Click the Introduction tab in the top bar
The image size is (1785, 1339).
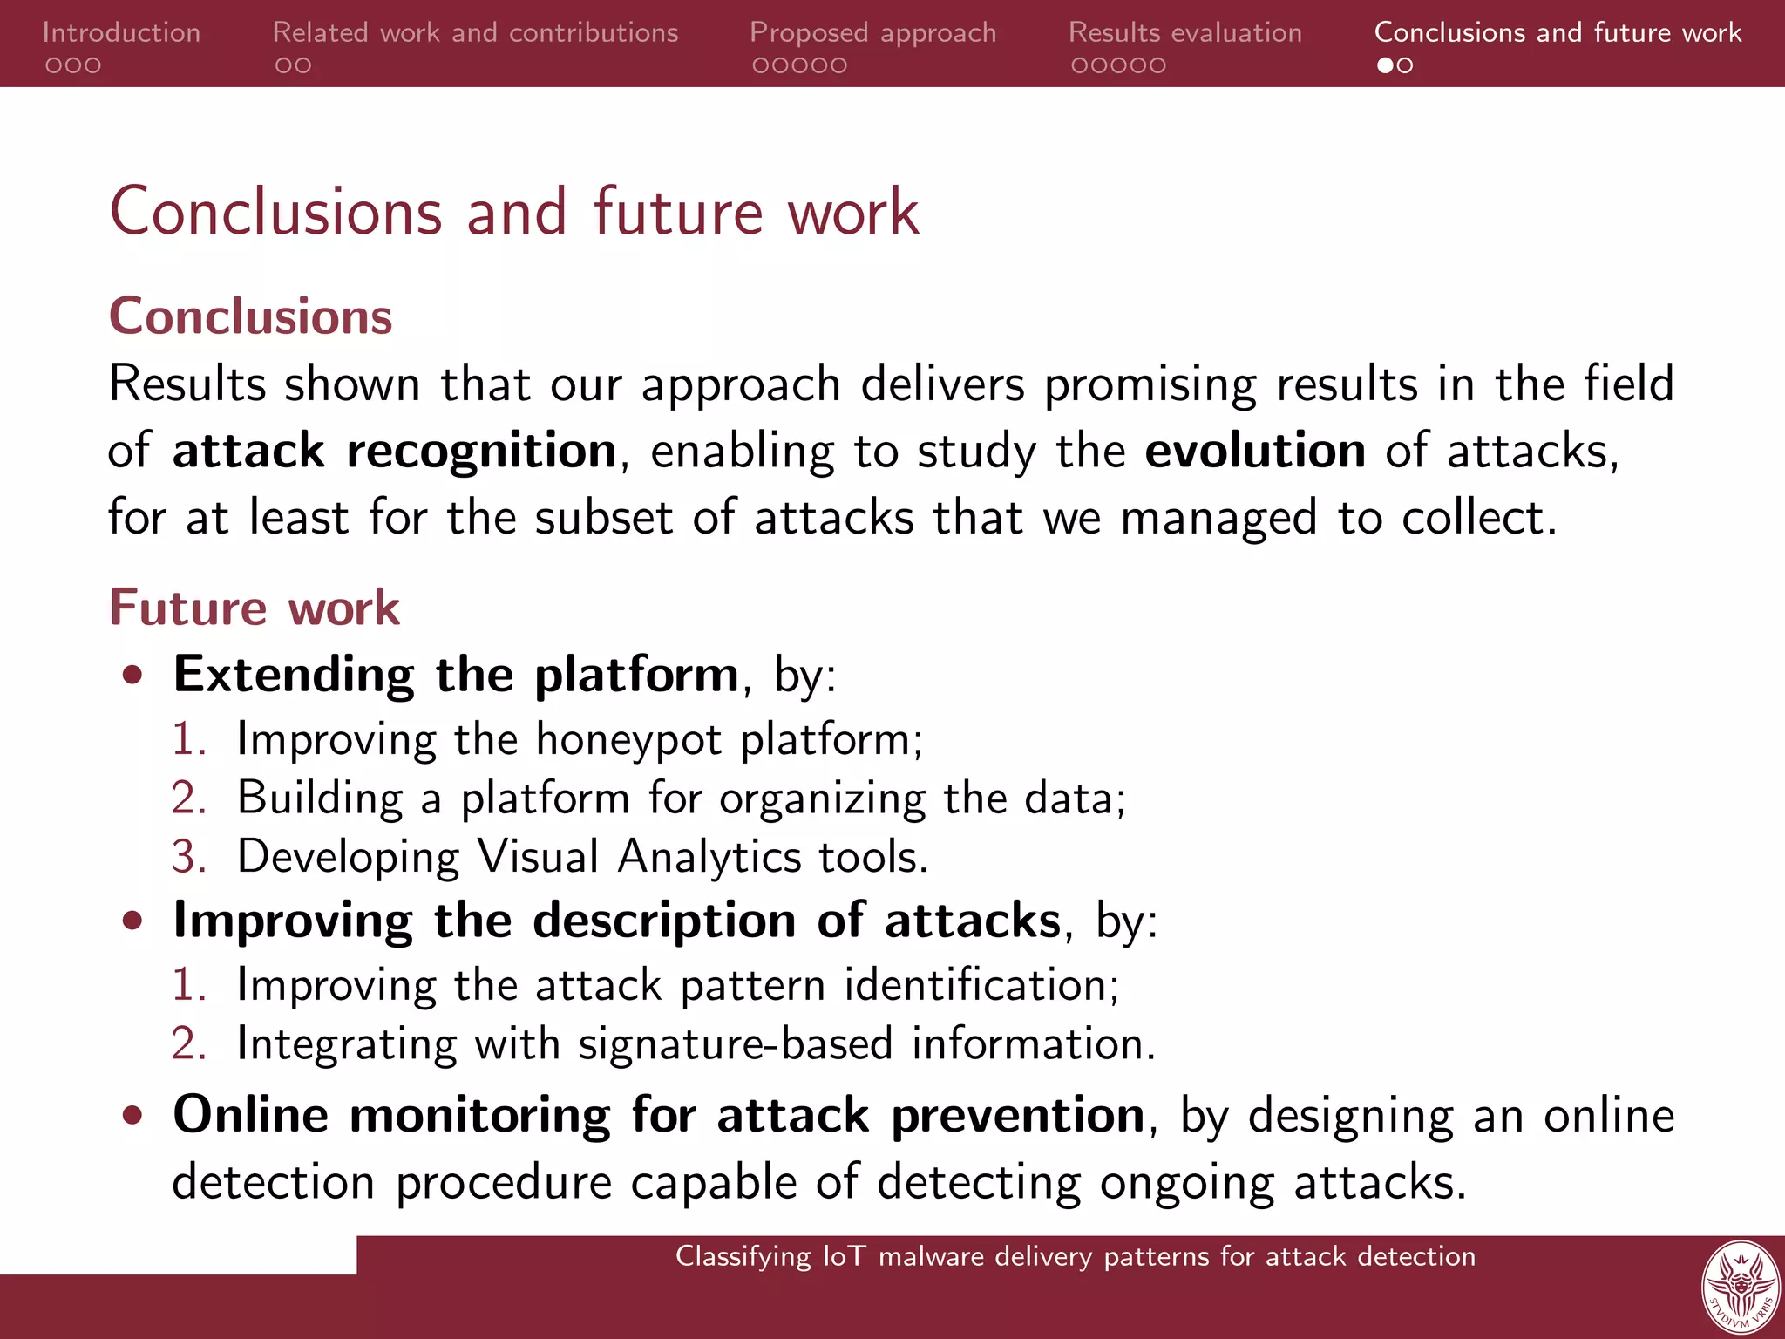121,32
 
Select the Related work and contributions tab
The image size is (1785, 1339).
475,32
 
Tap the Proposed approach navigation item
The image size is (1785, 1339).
872,32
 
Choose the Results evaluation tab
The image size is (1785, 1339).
1184,32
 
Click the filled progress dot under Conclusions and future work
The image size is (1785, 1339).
1384,65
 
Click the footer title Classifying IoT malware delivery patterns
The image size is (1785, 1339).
1075,1256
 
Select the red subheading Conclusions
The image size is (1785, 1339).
251,316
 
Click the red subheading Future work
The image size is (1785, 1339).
255,607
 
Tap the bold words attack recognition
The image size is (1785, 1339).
394,452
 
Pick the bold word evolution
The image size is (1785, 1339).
1254,451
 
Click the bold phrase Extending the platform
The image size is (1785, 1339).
456,674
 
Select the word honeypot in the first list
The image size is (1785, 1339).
628,740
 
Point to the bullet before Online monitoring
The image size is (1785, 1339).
132,1115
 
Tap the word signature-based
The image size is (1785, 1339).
735,1044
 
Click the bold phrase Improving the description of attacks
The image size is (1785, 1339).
616,921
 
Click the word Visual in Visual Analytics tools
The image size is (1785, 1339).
538,857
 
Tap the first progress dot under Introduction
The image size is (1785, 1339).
53,65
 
